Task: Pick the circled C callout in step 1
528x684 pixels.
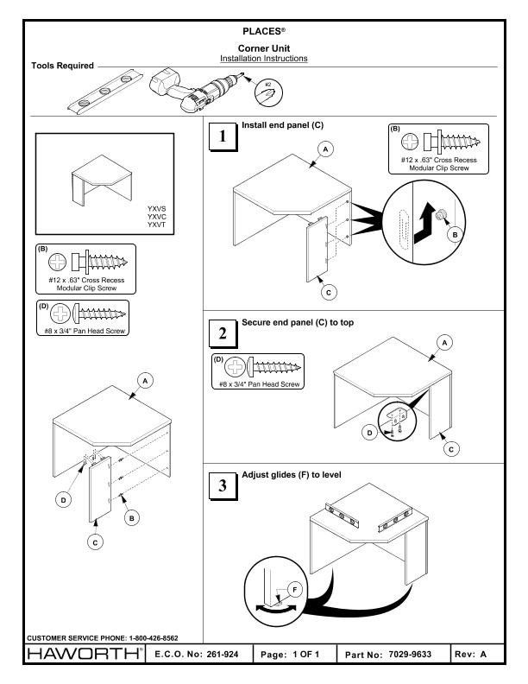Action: tap(329, 292)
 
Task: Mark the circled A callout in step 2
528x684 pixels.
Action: tap(446, 342)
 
